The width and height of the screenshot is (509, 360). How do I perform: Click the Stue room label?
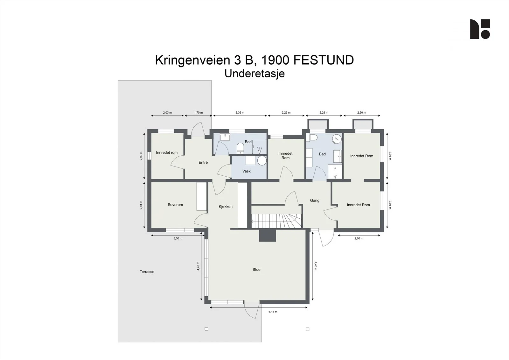pos(256,270)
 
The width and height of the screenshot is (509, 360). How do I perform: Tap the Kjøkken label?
pos(226,207)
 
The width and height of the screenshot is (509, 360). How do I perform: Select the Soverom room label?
pos(175,205)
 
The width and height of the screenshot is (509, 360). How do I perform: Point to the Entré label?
pos(203,162)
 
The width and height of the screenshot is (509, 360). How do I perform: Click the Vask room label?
pos(246,171)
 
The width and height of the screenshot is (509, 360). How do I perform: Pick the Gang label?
pos(315,200)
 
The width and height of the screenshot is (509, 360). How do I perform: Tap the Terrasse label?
pos(147,272)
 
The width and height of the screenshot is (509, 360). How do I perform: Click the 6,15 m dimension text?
pos(273,312)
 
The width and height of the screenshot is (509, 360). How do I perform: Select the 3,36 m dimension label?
pos(240,113)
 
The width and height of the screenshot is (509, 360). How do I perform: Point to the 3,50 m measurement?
pos(178,238)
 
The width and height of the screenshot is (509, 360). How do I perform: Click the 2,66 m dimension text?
pos(359,238)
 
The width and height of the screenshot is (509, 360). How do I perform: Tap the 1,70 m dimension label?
pos(199,113)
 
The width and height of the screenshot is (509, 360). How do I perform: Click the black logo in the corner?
pos(480,29)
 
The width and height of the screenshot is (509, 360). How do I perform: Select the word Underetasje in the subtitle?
pos(254,74)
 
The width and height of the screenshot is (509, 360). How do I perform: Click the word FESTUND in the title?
pos(324,60)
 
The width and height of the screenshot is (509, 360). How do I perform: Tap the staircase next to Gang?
pos(276,221)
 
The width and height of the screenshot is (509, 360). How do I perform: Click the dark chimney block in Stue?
pos(268,235)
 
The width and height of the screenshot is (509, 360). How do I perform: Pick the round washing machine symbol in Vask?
pos(262,160)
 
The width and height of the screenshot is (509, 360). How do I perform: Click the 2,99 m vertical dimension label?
pos(141,156)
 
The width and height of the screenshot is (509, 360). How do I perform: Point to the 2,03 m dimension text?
pos(167,113)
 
